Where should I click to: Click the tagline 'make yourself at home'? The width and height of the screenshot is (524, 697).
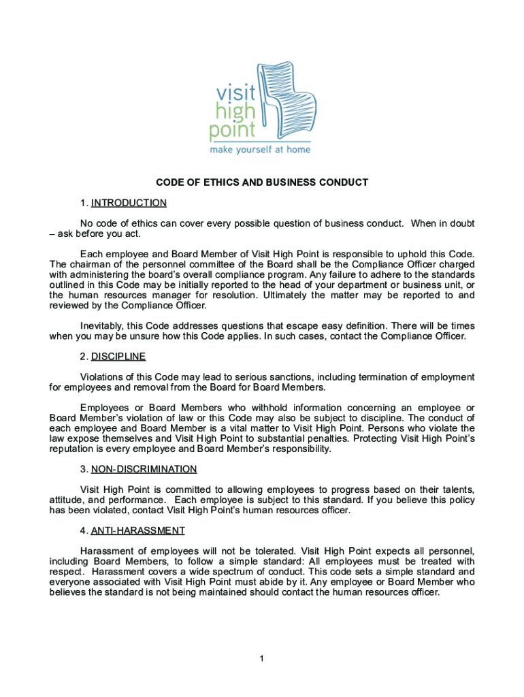point(261,149)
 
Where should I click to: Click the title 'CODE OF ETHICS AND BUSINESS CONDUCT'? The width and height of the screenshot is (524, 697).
point(262,182)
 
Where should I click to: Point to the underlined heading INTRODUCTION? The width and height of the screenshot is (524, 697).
point(129,203)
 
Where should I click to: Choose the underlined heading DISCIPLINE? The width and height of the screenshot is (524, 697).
point(118,357)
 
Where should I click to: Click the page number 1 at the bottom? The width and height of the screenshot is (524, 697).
point(261,659)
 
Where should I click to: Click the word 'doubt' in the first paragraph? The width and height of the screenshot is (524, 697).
point(461,223)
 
